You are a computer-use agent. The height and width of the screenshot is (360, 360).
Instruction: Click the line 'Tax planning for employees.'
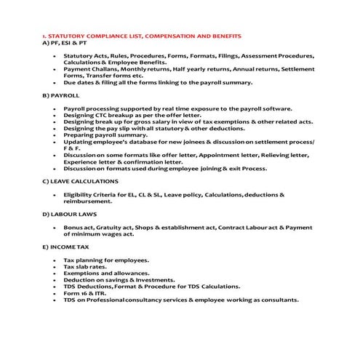click(x=106, y=260)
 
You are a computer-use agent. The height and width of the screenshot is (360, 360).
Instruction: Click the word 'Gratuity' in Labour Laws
click(x=109, y=227)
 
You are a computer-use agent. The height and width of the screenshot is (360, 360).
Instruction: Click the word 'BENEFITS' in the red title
click(x=223, y=36)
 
